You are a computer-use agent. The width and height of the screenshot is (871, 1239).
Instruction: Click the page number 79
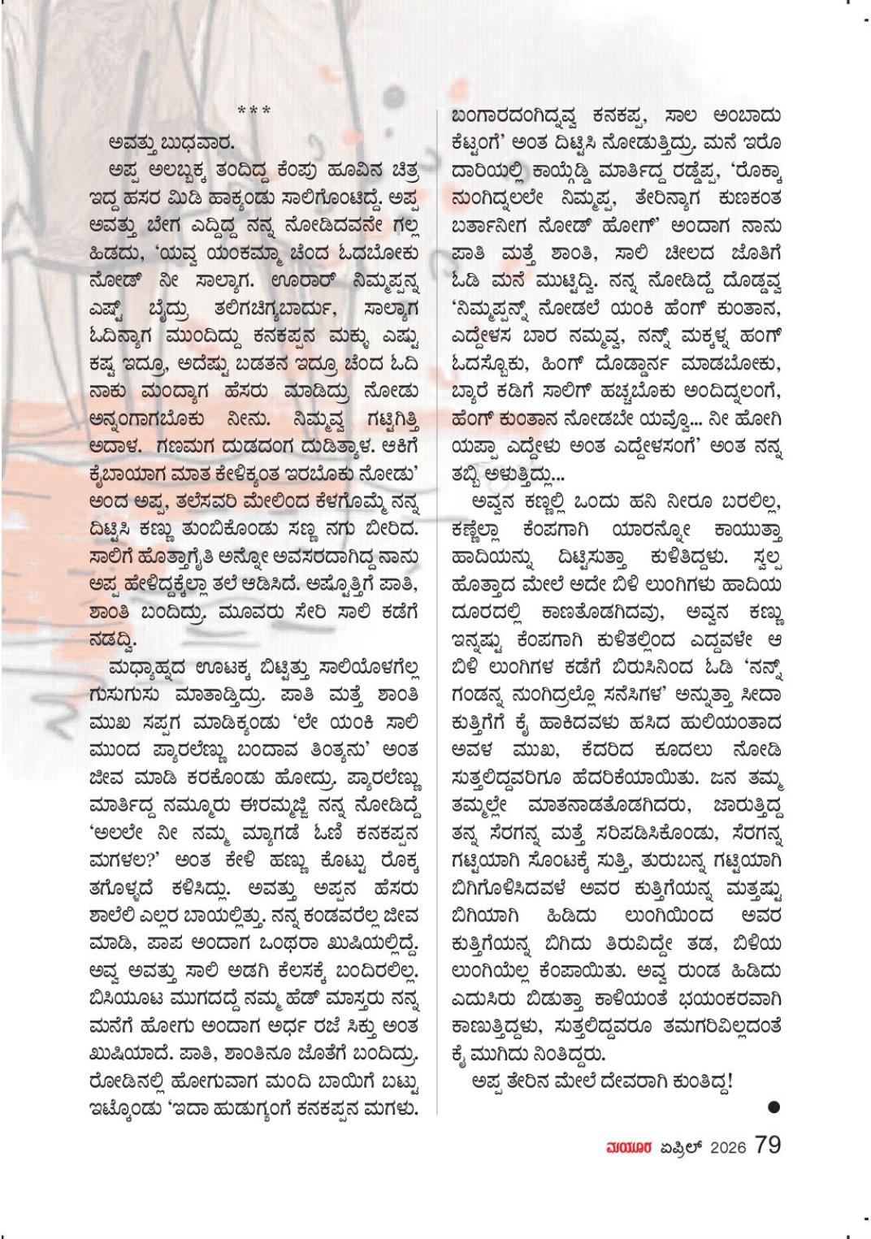click(767, 1144)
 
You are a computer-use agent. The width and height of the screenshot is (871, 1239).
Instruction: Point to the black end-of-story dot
click(773, 1107)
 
